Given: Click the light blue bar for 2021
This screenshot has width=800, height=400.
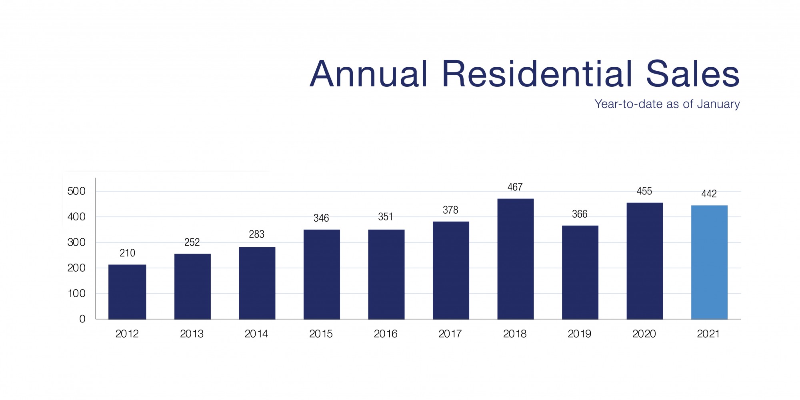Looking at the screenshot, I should click(709, 262).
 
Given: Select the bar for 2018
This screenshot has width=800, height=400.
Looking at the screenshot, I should click(515, 259).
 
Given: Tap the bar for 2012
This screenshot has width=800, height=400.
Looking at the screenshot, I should click(127, 292).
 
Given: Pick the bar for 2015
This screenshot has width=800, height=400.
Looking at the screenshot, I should click(322, 274).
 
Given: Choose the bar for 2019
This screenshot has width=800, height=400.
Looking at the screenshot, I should click(580, 272).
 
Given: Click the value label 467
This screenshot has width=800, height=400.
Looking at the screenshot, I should click(515, 187).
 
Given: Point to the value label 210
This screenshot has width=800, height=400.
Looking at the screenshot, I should click(127, 253).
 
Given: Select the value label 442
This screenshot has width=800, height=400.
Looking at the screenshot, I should click(709, 194).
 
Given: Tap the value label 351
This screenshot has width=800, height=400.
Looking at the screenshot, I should click(386, 217).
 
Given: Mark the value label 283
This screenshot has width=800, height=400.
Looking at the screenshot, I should click(256, 234).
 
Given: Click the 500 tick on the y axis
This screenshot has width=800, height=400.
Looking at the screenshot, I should click(76, 191).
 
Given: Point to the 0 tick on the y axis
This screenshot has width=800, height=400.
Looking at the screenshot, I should click(82, 319).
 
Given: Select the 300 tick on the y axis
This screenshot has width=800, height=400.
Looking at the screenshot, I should click(76, 242).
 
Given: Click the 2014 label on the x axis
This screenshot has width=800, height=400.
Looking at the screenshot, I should click(256, 334).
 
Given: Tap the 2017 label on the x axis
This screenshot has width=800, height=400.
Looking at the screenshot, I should click(450, 334).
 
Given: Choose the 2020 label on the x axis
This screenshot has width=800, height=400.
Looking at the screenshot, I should click(644, 334).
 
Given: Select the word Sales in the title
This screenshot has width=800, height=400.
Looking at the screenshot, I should click(692, 74).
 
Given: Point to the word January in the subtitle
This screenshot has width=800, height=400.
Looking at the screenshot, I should click(718, 104).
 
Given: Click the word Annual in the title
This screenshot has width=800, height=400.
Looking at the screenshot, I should click(369, 74).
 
